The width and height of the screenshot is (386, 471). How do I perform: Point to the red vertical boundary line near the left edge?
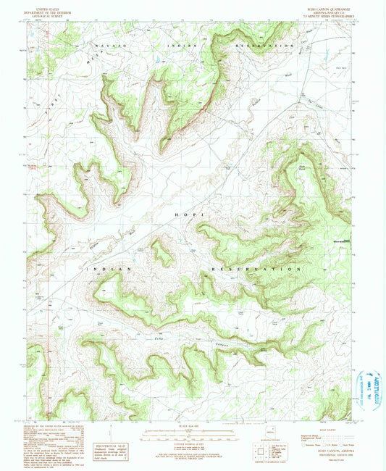pos(48,217)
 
